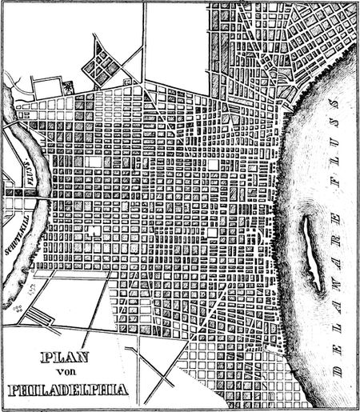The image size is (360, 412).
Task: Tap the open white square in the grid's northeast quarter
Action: point(214,165)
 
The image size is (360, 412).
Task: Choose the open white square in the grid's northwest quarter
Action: point(95,161)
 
